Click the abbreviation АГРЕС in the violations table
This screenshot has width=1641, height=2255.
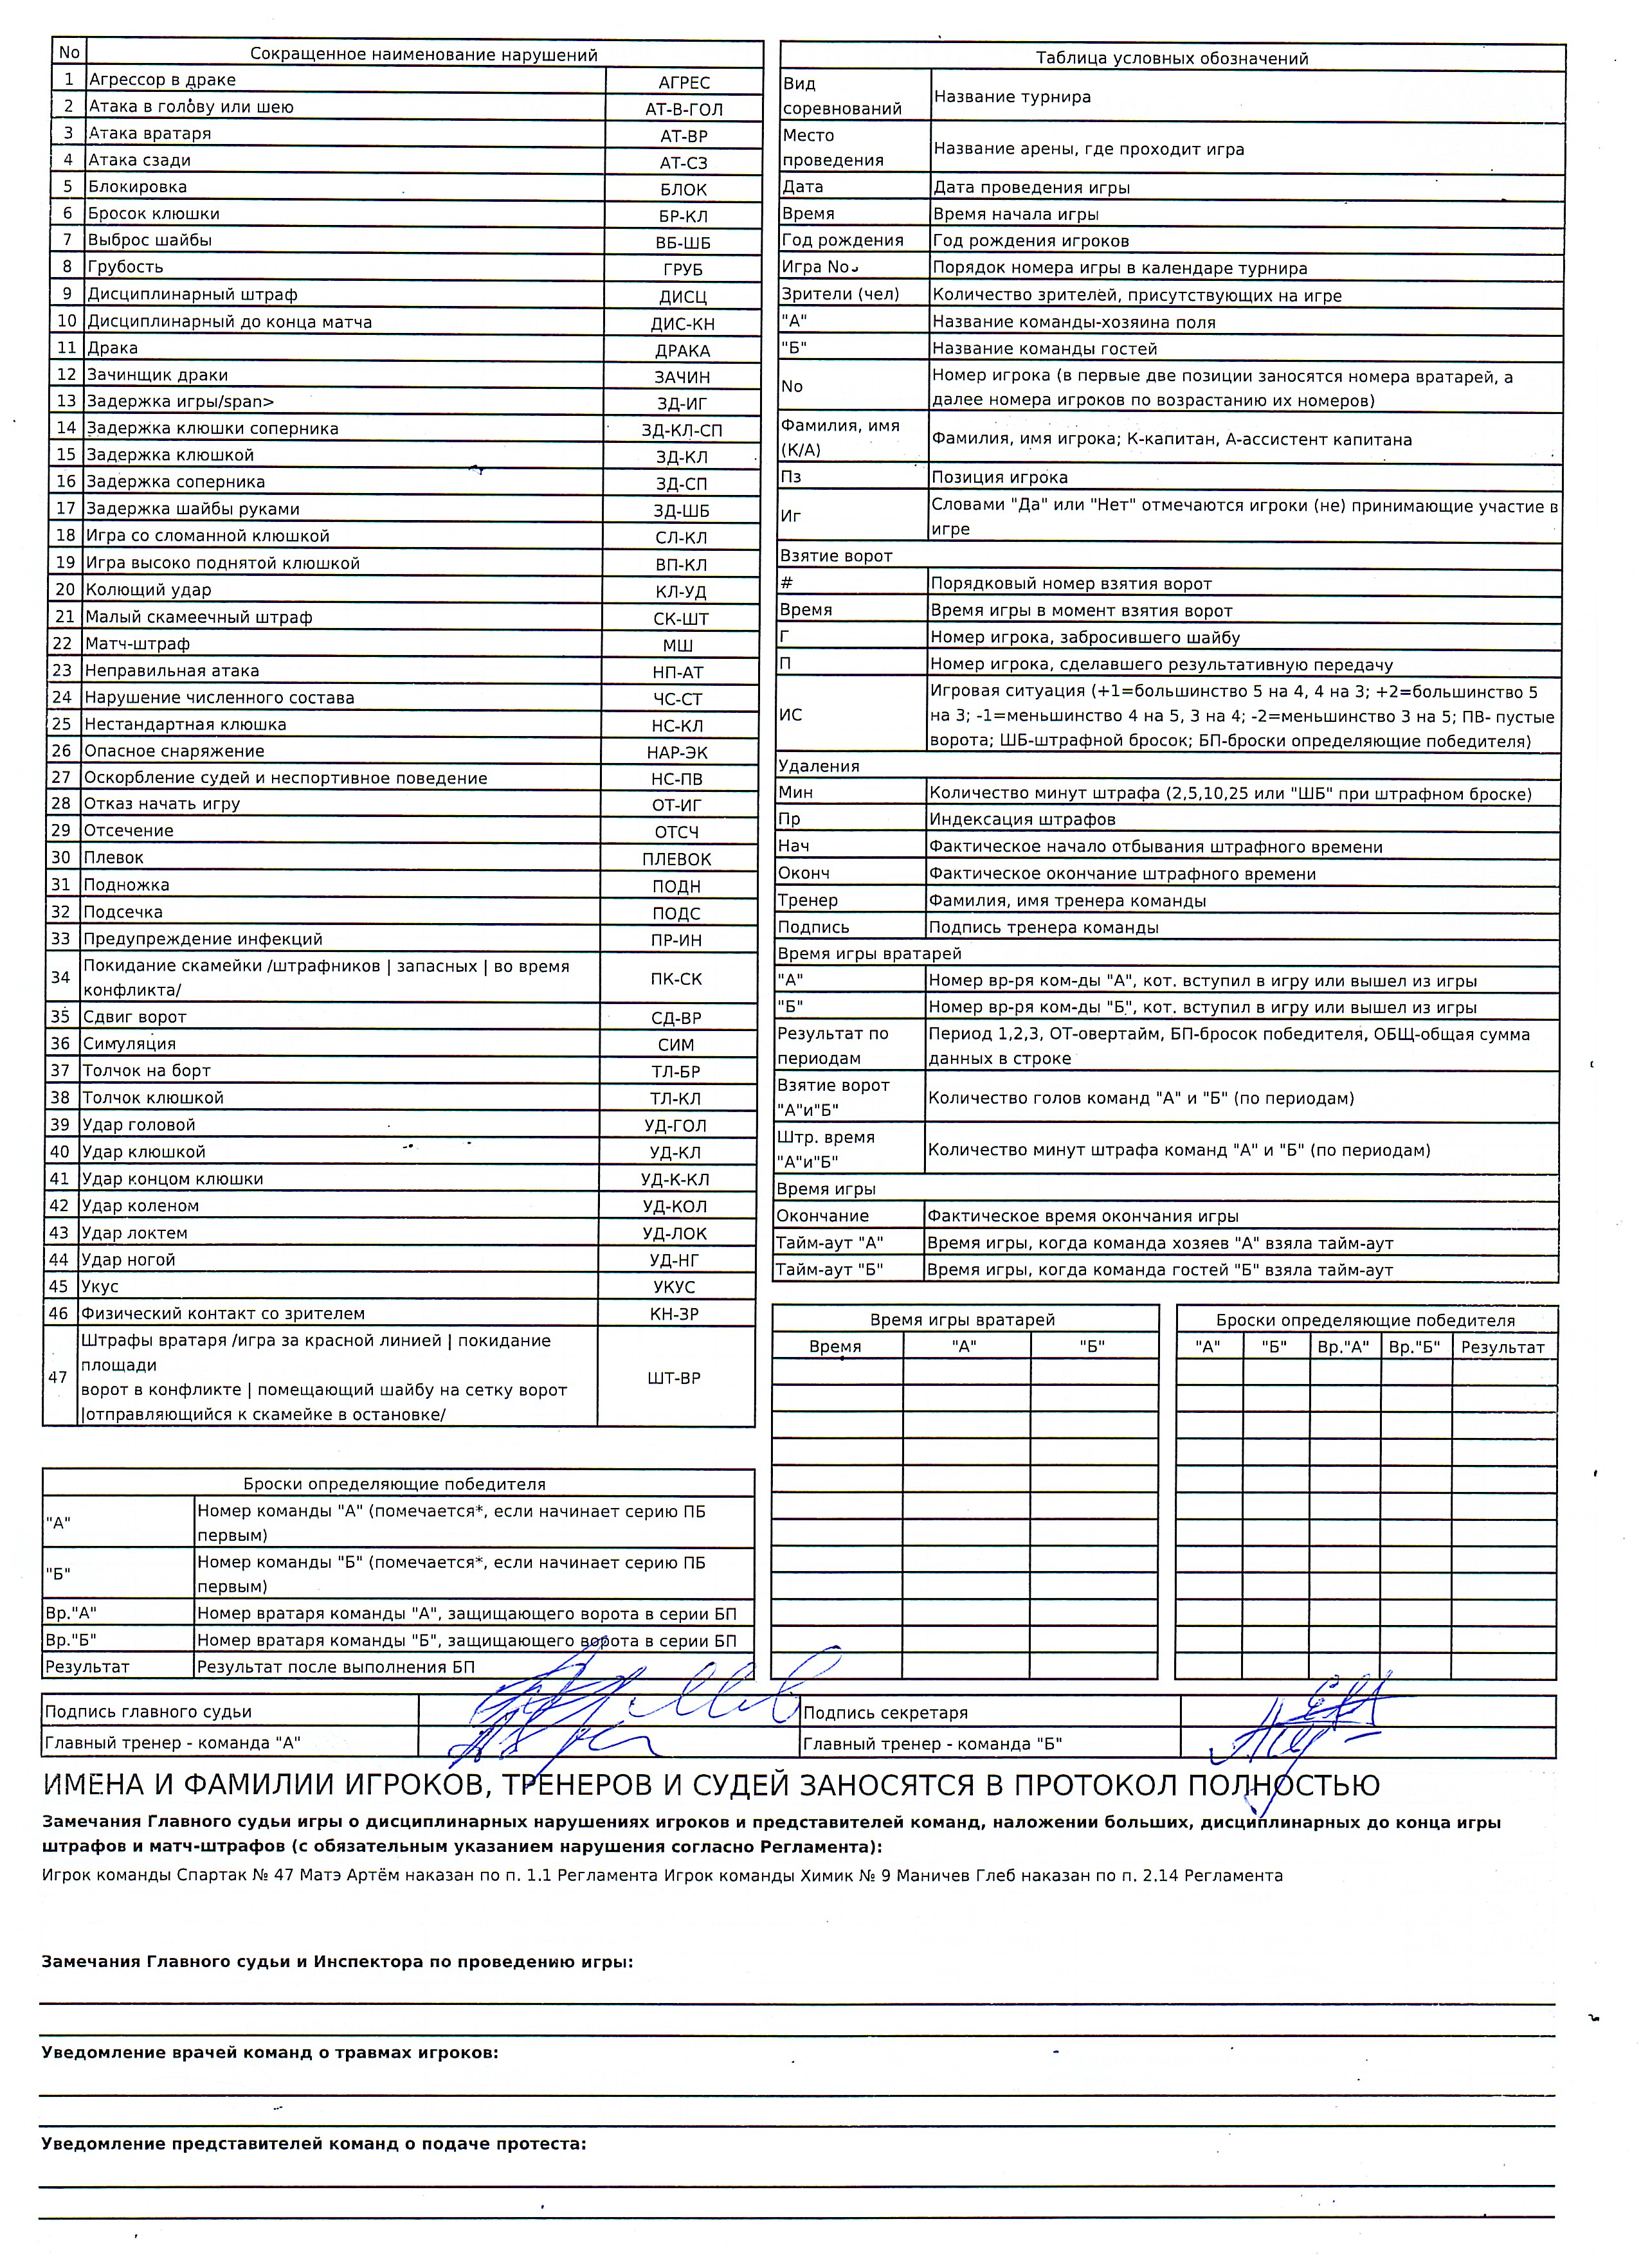coord(684,82)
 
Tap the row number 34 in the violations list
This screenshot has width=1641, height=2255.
coord(60,977)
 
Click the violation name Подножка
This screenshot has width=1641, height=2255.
coord(126,885)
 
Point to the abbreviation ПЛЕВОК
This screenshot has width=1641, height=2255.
coord(676,859)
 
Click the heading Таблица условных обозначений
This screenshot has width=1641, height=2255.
coord(1172,58)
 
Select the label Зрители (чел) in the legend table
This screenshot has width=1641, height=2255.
coord(840,294)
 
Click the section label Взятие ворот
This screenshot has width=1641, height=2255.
coord(835,556)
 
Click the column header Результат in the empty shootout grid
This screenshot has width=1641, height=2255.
coord(1501,1347)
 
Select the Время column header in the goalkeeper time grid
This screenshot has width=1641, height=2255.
coord(835,1346)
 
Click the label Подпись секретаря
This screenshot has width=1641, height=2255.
coord(885,1712)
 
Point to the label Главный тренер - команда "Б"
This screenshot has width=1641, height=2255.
coord(932,1743)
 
